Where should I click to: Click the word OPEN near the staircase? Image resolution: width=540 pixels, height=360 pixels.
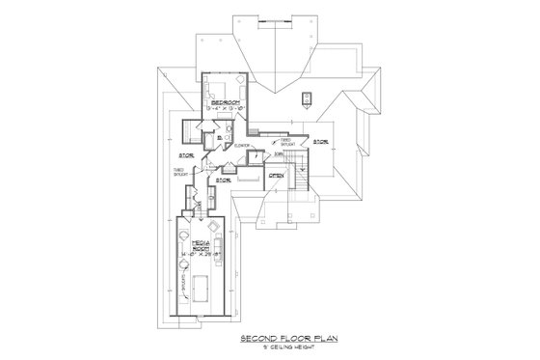[x=276, y=175]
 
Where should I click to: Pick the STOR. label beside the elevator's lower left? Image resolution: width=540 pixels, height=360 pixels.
[x=223, y=179]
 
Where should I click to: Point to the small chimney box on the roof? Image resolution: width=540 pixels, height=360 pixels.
[x=307, y=97]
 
